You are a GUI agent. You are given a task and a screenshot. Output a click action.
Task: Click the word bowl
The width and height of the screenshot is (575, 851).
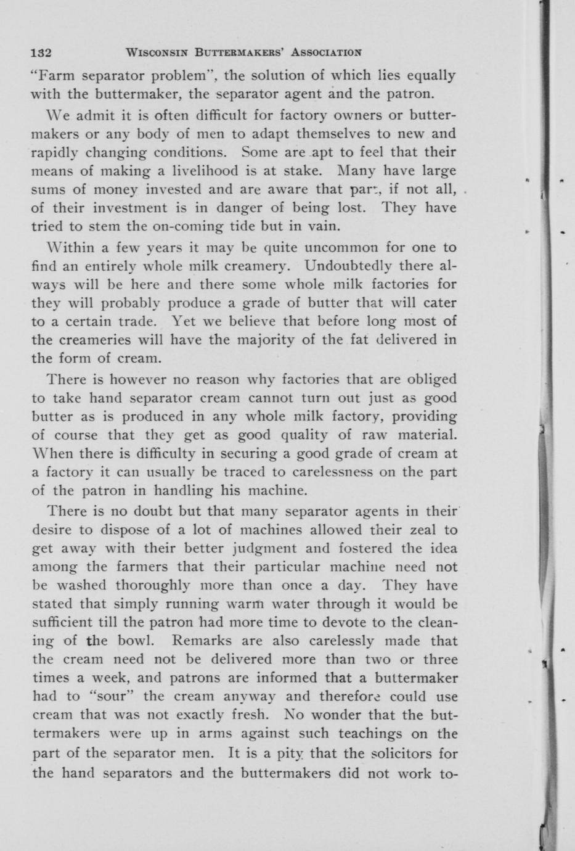(134, 641)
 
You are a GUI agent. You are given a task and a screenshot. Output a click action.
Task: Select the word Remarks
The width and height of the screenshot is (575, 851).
(200, 641)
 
